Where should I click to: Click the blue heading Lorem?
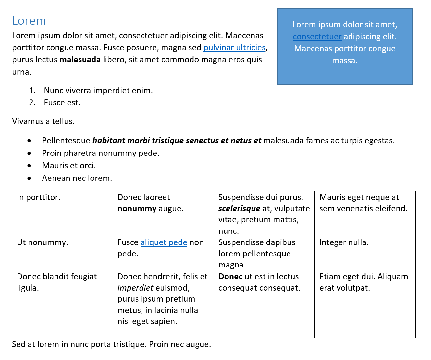tap(29, 21)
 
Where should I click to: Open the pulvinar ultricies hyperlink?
tap(234, 48)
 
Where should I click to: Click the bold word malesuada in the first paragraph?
tap(80, 60)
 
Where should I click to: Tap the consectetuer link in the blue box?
tap(317, 37)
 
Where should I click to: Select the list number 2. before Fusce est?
tap(32, 103)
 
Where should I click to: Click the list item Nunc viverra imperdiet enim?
tap(98, 91)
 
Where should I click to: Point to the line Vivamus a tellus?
tap(43, 121)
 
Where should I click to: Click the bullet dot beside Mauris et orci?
tap(30, 166)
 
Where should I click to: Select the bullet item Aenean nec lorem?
tap(77, 178)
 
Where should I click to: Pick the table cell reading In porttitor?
tap(39, 197)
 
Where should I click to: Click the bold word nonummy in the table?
tap(137, 209)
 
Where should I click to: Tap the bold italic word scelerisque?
tap(239, 209)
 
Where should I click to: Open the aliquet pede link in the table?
tap(164, 242)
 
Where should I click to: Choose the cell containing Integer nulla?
tap(344, 242)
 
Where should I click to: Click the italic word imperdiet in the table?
tap(135, 288)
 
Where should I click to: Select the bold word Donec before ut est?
tap(230, 277)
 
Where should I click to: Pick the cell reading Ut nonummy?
tap(43, 242)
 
